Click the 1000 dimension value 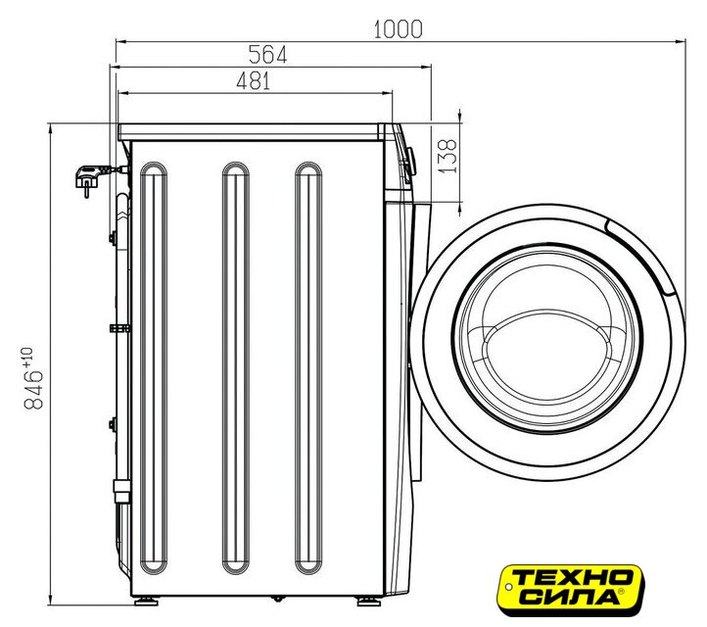pyautogui.click(x=399, y=29)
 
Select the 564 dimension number pyautogui.click(x=268, y=55)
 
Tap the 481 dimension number pyautogui.click(x=254, y=81)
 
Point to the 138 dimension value pyautogui.click(x=448, y=156)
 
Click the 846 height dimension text pyautogui.click(x=34, y=390)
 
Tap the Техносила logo pyautogui.click(x=570, y=590)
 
